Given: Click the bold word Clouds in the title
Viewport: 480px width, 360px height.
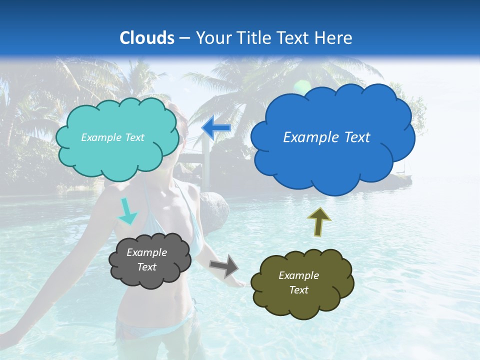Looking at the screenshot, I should [147, 38].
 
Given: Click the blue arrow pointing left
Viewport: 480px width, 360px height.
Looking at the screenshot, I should [216, 128].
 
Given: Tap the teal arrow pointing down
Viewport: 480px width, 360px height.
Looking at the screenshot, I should [127, 211].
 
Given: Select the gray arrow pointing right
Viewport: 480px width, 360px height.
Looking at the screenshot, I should [224, 265].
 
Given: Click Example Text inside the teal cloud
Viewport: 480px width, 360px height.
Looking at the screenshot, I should [112, 137].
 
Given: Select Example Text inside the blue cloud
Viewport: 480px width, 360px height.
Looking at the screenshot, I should [326, 137].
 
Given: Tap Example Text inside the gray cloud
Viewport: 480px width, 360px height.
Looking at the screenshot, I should [147, 260].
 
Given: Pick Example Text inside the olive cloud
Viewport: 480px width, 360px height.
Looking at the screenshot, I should [299, 282].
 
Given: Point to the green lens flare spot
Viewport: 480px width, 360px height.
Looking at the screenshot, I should [301, 85].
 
